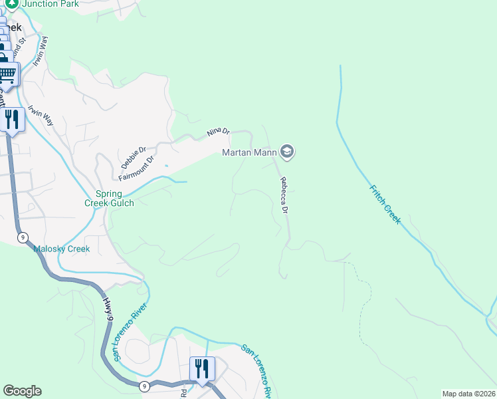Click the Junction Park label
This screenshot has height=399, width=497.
(x=50, y=4)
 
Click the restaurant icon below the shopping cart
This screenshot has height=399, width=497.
(x=12, y=120)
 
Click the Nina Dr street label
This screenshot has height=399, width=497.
(x=218, y=132)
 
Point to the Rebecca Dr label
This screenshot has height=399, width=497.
(x=284, y=196)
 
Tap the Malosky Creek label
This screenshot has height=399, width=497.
(x=61, y=249)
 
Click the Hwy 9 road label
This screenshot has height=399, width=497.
(x=108, y=311)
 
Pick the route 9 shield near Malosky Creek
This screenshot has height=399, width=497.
(x=23, y=237)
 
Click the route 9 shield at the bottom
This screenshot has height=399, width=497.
(x=145, y=385)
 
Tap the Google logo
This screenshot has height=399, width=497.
(x=22, y=391)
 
